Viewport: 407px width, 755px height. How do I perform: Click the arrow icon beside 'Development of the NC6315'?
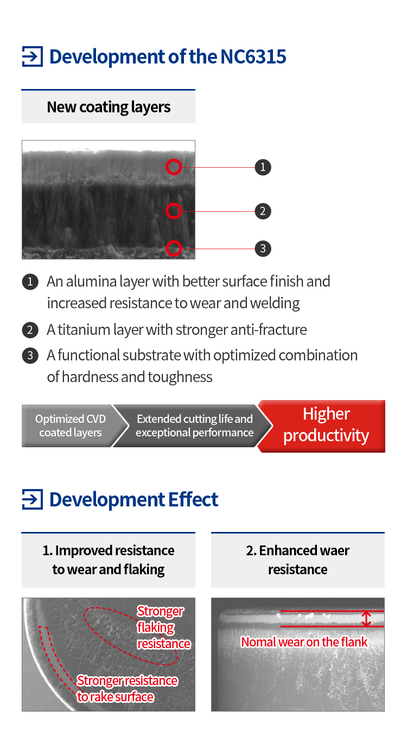click(33, 56)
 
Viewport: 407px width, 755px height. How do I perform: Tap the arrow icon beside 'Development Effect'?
click(33, 499)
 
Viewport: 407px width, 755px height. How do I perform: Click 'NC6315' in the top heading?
click(253, 56)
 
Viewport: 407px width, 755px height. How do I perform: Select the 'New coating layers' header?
click(109, 106)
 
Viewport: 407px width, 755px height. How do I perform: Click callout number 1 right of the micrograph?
click(263, 167)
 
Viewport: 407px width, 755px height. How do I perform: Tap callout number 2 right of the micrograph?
click(263, 211)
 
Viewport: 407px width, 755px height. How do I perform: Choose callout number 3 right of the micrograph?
click(263, 249)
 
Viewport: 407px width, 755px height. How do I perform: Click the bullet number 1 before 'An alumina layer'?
click(30, 282)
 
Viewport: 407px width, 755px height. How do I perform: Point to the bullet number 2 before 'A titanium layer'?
click(30, 330)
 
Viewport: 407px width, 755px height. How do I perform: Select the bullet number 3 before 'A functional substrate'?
click(30, 356)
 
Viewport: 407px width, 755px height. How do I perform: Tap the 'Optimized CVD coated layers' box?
click(71, 426)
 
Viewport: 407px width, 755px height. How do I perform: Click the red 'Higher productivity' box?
click(323, 426)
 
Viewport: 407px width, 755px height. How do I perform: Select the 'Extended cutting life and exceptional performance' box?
click(194, 426)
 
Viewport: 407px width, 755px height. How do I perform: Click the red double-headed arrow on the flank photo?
click(366, 619)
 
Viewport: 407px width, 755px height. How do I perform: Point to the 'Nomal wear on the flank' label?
click(304, 642)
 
